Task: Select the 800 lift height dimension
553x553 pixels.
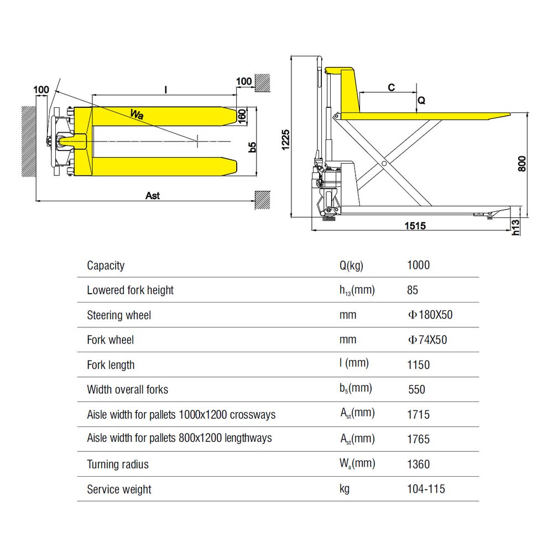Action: click(521, 164)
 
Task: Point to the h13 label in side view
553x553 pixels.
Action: click(515, 227)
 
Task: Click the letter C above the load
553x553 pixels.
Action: click(391, 87)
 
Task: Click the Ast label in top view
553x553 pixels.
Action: click(152, 196)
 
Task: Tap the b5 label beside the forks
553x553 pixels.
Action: click(252, 147)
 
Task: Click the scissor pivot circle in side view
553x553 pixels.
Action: click(383, 164)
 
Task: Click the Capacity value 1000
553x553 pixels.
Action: click(418, 265)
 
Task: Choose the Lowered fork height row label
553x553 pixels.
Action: click(130, 290)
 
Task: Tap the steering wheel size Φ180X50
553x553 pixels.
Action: click(430, 315)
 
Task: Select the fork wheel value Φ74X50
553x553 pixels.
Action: click(427, 340)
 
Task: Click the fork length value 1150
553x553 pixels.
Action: click(418, 365)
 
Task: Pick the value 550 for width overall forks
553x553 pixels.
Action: click(416, 390)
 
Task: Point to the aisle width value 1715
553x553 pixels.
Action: click(418, 415)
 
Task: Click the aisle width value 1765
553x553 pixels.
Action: click(418, 440)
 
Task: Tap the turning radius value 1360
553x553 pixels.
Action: click(418, 465)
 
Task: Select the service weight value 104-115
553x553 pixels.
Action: click(426, 489)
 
